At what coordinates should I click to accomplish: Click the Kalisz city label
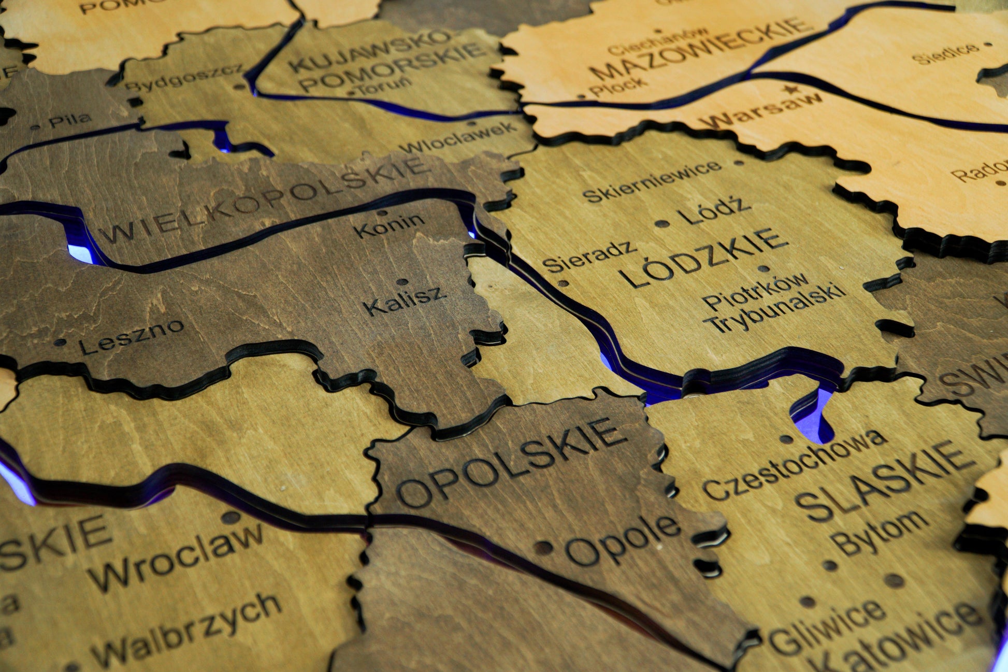(x=405, y=301)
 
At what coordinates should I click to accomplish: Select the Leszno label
(x=132, y=336)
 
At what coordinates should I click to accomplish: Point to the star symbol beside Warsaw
(x=790, y=90)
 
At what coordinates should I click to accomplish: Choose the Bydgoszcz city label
(x=184, y=78)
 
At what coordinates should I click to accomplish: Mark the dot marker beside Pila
(x=35, y=126)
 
